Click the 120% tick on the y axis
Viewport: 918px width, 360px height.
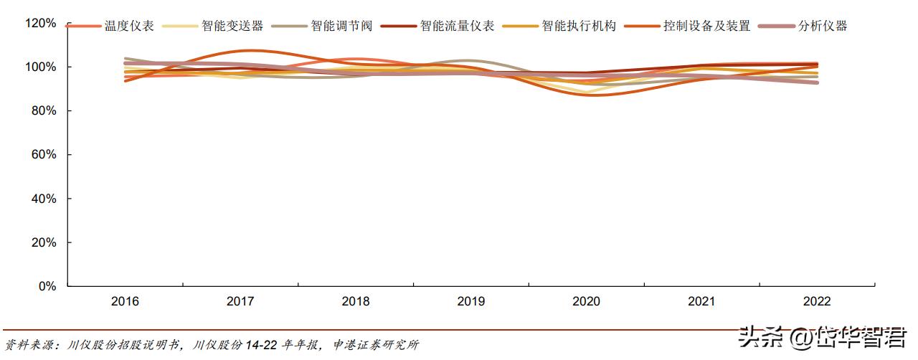point(40,24)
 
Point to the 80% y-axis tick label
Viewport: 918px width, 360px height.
point(43,111)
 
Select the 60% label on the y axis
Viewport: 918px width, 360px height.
point(43,155)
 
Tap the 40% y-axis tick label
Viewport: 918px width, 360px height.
point(43,199)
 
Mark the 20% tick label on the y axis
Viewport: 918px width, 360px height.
point(43,243)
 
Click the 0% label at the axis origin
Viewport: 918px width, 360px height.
point(46,287)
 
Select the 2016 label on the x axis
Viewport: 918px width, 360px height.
point(125,302)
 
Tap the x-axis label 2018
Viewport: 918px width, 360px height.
point(356,302)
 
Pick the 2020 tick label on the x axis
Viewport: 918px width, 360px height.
point(586,302)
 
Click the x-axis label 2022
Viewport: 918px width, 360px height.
point(817,302)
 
